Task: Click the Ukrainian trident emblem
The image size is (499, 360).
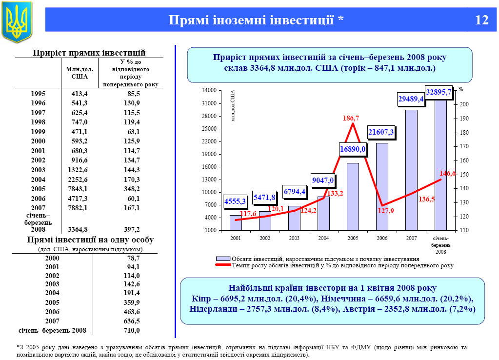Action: (17, 21)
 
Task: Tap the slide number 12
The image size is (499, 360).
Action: (481, 20)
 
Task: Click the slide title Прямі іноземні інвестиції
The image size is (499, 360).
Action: (256, 20)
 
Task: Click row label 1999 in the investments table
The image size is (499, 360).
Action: (39, 132)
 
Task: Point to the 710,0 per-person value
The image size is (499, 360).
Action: (132, 330)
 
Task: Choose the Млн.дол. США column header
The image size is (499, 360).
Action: (80, 73)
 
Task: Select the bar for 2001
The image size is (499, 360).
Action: (236, 222)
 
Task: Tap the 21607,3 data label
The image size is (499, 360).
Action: (381, 132)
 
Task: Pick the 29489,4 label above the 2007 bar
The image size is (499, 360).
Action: (411, 99)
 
